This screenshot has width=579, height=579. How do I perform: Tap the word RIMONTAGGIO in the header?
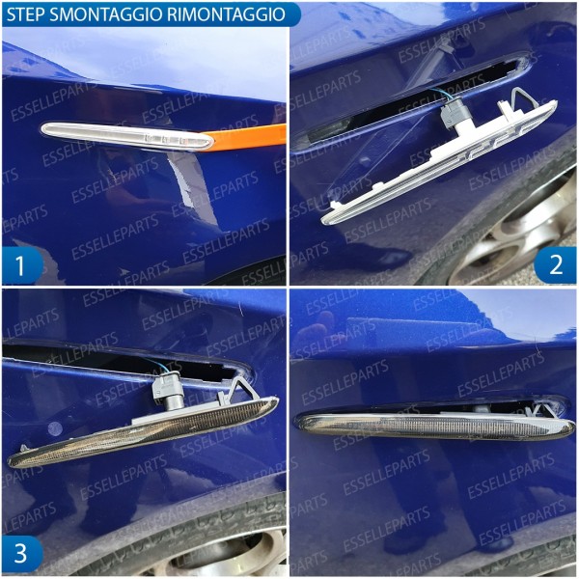[232, 14]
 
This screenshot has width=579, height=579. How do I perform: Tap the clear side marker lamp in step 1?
[125, 135]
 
